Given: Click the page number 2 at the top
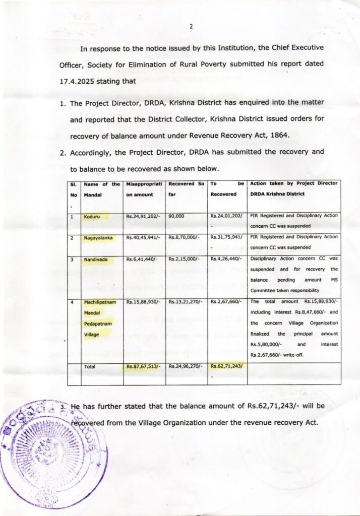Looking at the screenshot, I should click(191, 27).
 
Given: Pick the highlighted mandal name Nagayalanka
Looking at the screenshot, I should click(99, 237).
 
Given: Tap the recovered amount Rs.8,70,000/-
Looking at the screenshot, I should click(184, 237).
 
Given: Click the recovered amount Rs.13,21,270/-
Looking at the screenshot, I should click(185, 302).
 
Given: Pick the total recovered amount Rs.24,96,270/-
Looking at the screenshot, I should click(185, 366).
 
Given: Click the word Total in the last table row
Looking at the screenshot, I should click(91, 366).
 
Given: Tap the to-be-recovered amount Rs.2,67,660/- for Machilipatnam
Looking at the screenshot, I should click(226, 302).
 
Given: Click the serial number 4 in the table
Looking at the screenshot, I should click(72, 302).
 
